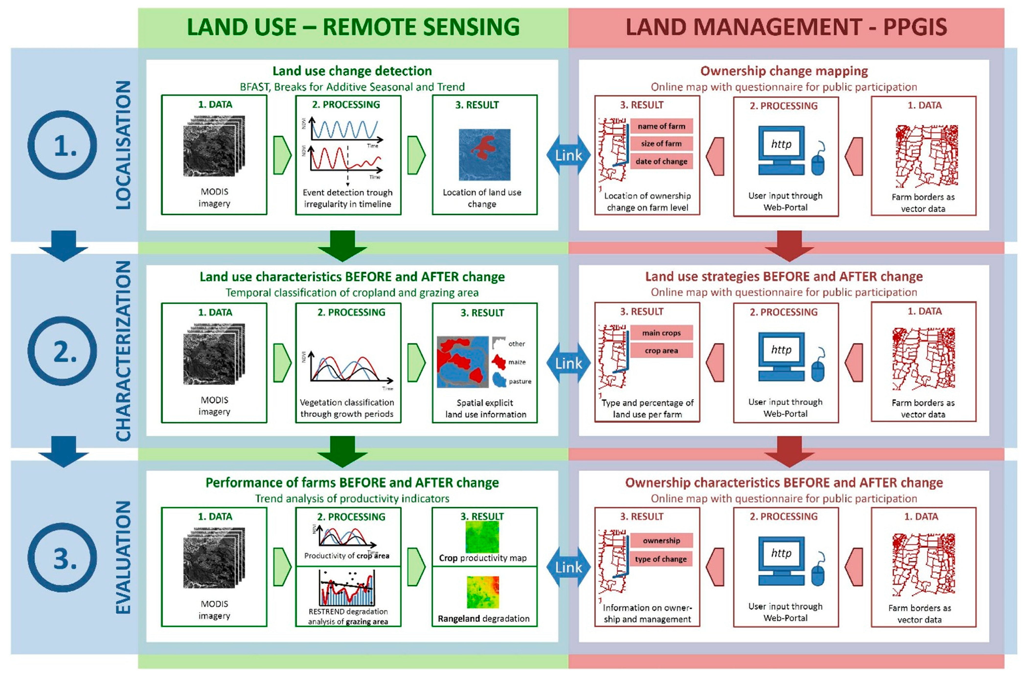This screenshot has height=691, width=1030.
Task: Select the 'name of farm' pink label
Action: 661,126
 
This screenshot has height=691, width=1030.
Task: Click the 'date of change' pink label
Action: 661,161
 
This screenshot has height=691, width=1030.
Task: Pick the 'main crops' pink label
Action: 661,333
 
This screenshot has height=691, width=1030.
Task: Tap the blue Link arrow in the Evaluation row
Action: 568,567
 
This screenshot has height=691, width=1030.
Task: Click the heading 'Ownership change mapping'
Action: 784,71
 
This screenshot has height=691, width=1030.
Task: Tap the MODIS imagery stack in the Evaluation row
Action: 214,557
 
